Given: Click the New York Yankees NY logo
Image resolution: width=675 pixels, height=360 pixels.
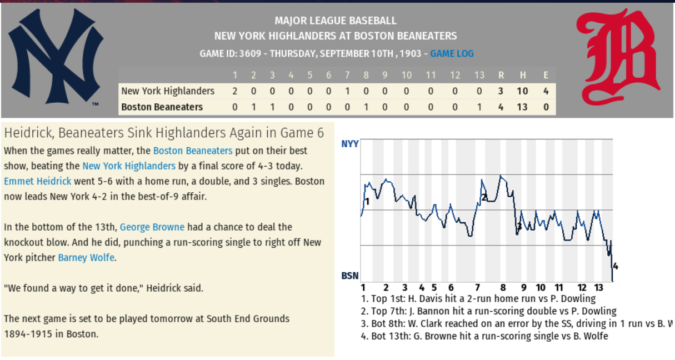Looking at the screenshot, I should [x=56, y=57].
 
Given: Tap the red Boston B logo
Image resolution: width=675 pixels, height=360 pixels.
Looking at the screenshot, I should [x=618, y=57].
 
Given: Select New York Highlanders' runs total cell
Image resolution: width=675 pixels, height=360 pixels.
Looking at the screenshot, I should [x=501, y=91].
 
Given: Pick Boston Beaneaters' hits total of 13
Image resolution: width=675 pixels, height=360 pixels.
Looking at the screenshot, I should [x=522, y=107].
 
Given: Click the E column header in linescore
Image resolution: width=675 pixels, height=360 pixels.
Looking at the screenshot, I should [x=546, y=76].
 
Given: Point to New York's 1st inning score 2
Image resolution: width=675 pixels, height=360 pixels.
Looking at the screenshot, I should [x=234, y=91].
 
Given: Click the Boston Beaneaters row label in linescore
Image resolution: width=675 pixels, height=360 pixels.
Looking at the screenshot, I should [x=162, y=107].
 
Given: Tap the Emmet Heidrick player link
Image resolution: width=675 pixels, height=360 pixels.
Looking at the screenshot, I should [x=38, y=181].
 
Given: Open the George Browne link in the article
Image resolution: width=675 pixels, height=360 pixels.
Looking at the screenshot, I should [x=152, y=227].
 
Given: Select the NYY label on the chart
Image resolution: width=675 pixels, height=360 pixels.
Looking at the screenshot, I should [x=350, y=144].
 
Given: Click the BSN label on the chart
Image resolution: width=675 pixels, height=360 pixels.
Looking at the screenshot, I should [x=350, y=276].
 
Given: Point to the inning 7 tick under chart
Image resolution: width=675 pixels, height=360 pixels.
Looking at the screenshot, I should [x=477, y=288].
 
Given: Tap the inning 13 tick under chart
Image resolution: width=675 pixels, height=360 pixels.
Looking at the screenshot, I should [x=599, y=288].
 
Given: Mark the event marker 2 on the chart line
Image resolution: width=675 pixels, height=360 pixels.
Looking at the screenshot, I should [x=484, y=197].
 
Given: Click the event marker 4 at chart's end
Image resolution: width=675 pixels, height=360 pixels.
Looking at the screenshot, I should [x=615, y=266].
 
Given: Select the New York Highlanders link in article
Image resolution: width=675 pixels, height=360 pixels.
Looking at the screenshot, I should [x=129, y=166].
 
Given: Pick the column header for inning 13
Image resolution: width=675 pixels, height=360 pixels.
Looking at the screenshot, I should [x=479, y=76].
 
